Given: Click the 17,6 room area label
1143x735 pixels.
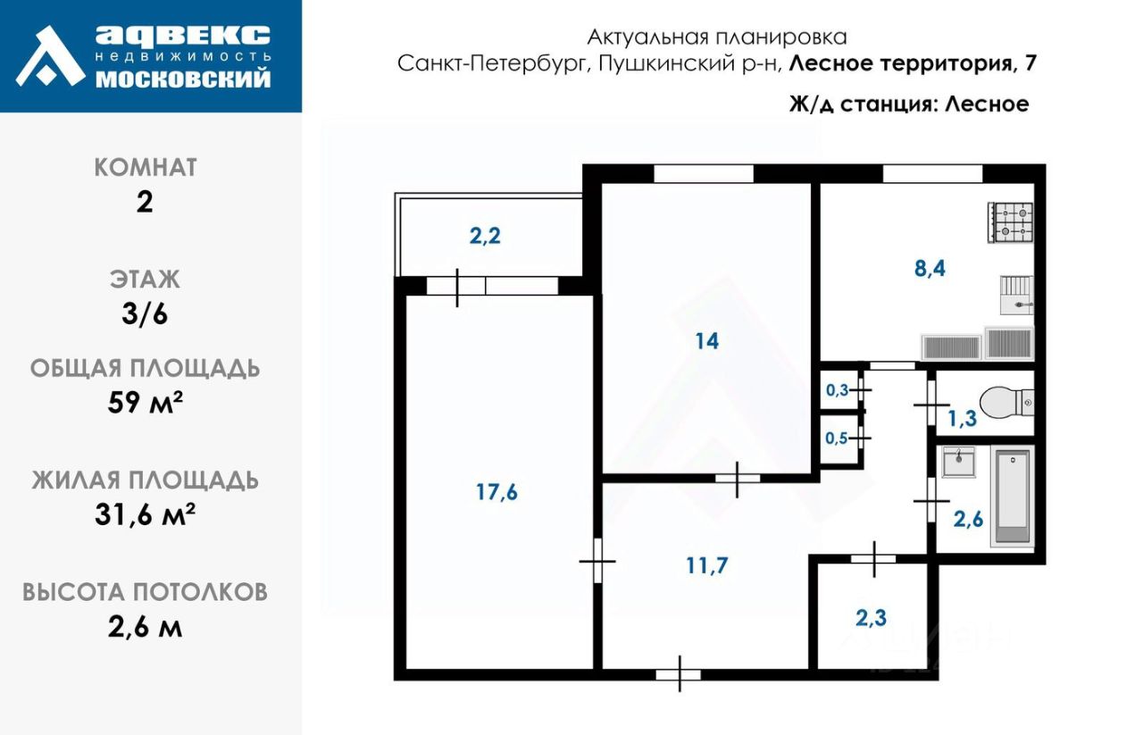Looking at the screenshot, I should click(x=497, y=491).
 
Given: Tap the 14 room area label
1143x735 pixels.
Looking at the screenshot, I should click(x=706, y=340).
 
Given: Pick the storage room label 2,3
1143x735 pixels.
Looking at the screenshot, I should click(x=871, y=616).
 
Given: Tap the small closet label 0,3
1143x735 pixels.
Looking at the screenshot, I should click(x=837, y=390).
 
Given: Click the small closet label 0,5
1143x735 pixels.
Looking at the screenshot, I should click(x=837, y=438).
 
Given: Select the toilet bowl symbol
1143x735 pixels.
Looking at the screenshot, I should click(x=1005, y=404).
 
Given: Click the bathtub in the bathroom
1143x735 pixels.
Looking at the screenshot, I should click(x=1013, y=497).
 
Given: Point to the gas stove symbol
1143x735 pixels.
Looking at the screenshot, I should click(x=1010, y=221).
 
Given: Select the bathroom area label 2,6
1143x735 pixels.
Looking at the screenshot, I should click(x=969, y=518).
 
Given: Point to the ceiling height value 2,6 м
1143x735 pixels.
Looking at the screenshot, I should click(x=146, y=627).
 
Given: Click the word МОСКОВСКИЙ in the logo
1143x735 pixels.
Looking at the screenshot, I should click(x=182, y=79).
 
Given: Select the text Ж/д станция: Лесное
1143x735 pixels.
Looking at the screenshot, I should click(x=909, y=104).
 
